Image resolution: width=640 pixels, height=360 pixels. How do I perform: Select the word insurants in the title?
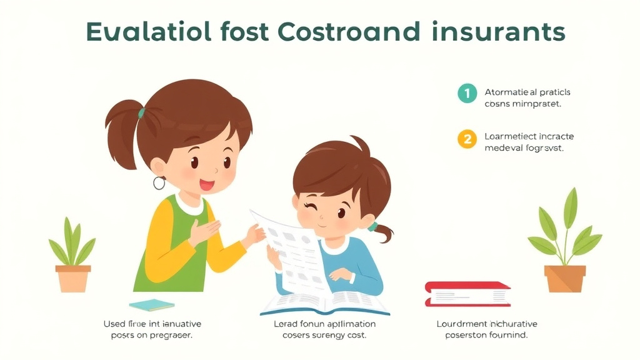496,31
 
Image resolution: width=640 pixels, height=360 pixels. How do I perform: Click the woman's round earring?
159,182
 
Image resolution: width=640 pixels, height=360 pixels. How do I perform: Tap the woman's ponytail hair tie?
142,113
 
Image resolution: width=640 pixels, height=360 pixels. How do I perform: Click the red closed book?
467,294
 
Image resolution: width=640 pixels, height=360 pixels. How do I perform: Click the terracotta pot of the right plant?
565,279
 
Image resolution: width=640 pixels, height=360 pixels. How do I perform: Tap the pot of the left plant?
73,278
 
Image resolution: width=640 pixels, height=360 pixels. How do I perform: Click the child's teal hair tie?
372,226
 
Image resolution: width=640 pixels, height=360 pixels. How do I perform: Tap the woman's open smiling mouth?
206,185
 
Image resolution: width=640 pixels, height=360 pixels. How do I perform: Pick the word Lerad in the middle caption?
286,324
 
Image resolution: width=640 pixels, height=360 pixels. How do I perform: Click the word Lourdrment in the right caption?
461,324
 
